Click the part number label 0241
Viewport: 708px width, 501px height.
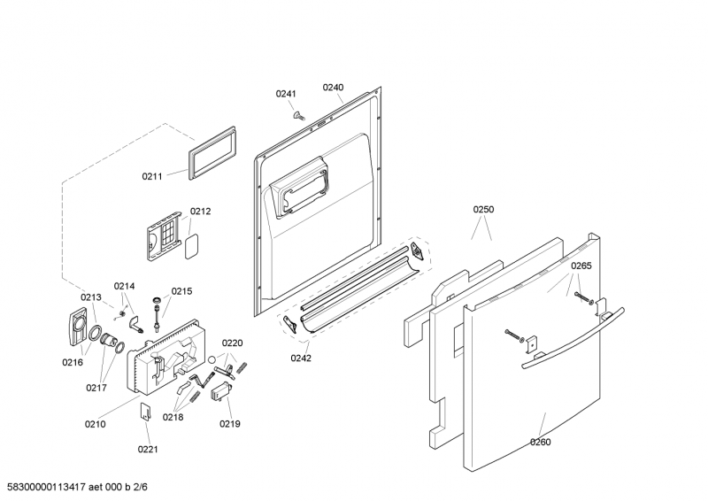coord(285,94)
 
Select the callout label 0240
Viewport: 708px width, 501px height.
coord(333,87)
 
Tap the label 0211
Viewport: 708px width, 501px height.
coord(152,176)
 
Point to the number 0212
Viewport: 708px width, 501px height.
coord(200,212)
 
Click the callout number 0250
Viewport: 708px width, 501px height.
coord(483,210)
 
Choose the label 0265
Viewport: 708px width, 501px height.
coord(581,266)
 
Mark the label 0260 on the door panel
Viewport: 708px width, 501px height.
coord(541,442)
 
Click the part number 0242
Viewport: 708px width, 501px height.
coord(302,358)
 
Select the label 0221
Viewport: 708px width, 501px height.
coord(147,449)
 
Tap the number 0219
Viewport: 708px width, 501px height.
coord(230,424)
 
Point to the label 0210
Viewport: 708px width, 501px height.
coord(95,424)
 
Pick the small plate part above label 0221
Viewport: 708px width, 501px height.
coord(147,412)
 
